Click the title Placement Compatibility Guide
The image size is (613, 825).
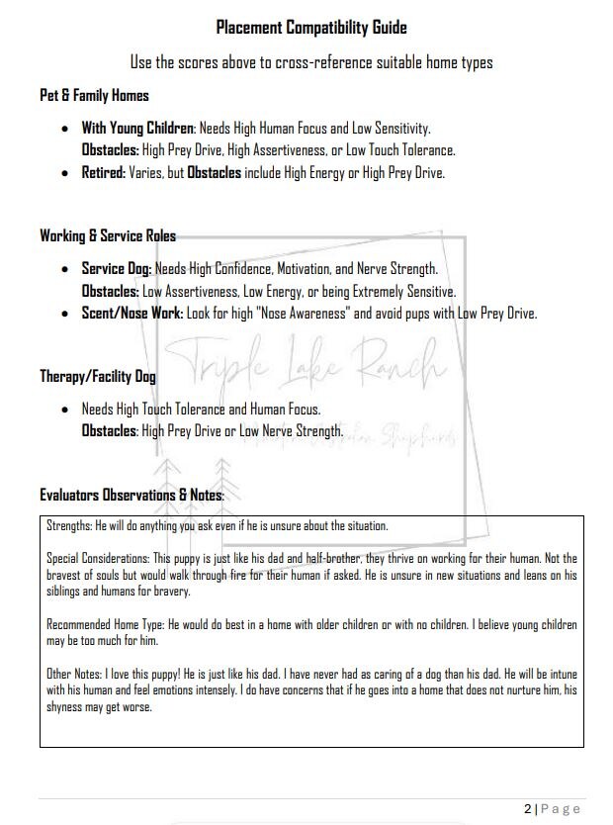(311, 27)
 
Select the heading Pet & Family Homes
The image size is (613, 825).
(94, 96)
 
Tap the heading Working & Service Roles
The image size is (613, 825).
(108, 235)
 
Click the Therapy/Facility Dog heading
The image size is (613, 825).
(97, 376)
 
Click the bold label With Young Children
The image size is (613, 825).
(138, 129)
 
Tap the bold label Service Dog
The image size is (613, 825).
(116, 269)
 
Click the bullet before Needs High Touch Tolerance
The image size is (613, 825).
(65, 408)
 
